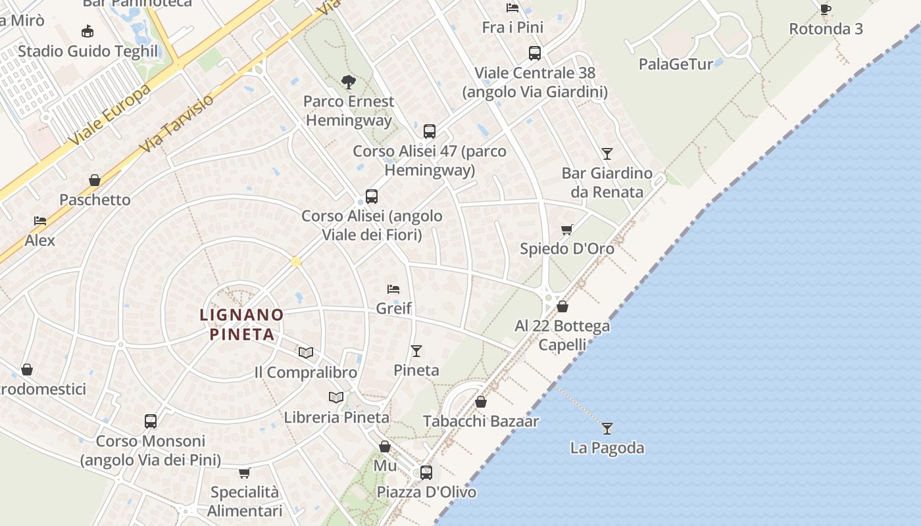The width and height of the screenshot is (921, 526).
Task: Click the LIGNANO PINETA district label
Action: point(241,324)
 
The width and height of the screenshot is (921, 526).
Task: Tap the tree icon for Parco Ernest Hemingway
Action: point(349,82)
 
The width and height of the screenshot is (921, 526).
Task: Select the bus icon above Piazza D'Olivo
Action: point(426,472)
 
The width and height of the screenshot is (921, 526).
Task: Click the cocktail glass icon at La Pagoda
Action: point(607,429)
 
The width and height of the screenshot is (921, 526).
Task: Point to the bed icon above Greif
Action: point(393,289)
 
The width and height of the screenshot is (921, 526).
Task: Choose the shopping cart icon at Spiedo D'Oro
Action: point(566,229)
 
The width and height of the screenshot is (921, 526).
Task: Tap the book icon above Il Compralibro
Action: point(305,352)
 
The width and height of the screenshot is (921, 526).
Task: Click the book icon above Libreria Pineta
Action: point(336,397)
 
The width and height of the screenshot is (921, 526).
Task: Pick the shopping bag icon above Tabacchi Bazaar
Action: point(481,402)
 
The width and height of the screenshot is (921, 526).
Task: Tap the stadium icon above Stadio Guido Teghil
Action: point(87,31)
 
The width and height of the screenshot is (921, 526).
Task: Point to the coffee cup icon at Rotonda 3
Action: point(825,9)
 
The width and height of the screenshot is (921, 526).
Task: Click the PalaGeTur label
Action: point(676,64)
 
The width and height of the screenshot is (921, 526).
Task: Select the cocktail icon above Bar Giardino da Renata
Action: point(607,154)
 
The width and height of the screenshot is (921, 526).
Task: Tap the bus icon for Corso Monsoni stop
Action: point(151,421)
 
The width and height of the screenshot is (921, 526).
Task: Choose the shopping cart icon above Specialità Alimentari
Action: point(245,473)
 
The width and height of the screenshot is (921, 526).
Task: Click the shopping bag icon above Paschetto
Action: point(95,180)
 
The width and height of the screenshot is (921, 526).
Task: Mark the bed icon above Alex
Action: point(40,221)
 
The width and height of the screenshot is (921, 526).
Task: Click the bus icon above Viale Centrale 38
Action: point(535,53)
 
